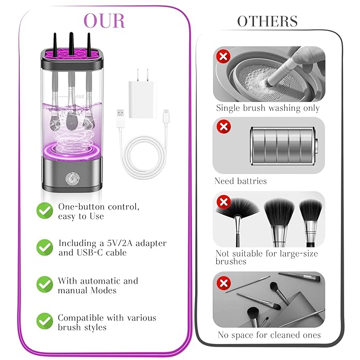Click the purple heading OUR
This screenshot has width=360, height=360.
pyautogui.click(x=104, y=21)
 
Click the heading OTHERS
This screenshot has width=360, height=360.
pyautogui.click(x=267, y=21)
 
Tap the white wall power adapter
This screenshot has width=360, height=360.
pyautogui.click(x=142, y=90)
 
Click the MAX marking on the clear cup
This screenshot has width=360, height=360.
pyautogui.click(x=79, y=97)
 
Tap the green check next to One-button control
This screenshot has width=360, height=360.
pyautogui.click(x=45, y=210)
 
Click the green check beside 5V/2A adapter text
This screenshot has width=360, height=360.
pyautogui.click(x=45, y=247)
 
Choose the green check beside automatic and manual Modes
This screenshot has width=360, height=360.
pyautogui.click(x=45, y=284)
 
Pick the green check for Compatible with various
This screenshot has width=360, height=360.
pyautogui.click(x=45, y=321)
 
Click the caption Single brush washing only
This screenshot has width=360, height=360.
pyautogui.click(x=268, y=108)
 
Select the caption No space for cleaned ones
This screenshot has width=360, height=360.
pyautogui.click(x=269, y=335)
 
